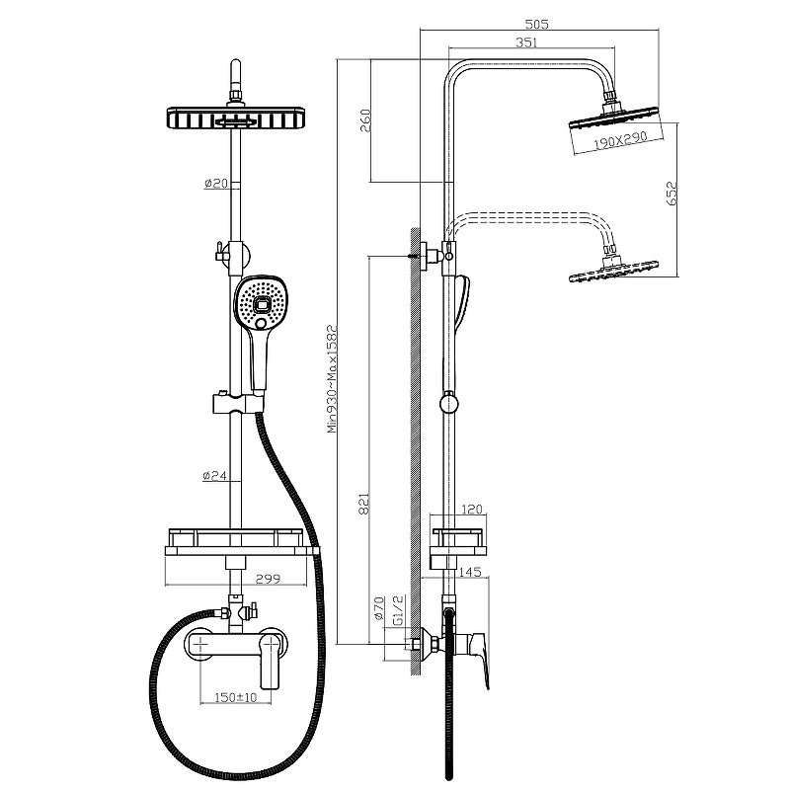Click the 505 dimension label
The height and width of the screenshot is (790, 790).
pos(536,23)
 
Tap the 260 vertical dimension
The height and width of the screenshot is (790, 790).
pos(364,121)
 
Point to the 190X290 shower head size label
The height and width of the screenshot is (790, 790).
pos(620,140)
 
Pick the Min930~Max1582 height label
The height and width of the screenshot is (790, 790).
pos(333,379)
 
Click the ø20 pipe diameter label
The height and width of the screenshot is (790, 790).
pos(215,184)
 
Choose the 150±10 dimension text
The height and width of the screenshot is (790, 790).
pos(236,698)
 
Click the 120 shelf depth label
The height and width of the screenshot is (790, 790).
pos(471,511)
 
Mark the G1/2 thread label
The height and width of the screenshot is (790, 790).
pos(398,609)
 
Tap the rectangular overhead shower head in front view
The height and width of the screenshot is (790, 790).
pos(237,119)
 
